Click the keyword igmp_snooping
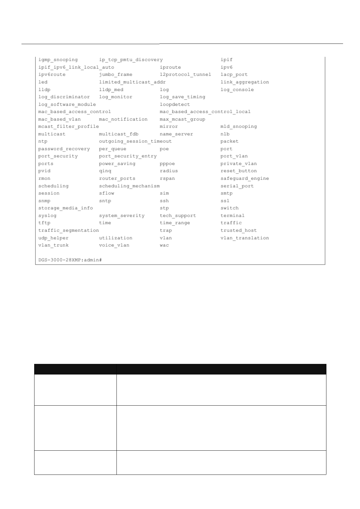coord(58,60)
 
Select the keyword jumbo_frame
coord(116,75)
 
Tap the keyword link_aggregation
coord(244,82)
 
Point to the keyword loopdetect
coord(175,105)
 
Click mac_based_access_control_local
coord(205,112)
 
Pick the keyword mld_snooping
coord(238,127)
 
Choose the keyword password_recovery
coord(64,149)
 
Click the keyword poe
coord(164,149)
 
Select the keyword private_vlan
coord(238,164)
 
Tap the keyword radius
coord(169,171)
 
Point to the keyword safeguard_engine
coord(244,179)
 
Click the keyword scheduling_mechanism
coord(129,186)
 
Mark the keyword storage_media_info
coord(65,208)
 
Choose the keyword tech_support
coord(178,216)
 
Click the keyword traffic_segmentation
coord(68,231)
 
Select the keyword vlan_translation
coord(244,238)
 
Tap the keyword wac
coord(164,245)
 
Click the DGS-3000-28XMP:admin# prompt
coord(70,260)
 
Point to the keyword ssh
coord(164,201)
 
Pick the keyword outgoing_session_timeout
coord(135,141)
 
